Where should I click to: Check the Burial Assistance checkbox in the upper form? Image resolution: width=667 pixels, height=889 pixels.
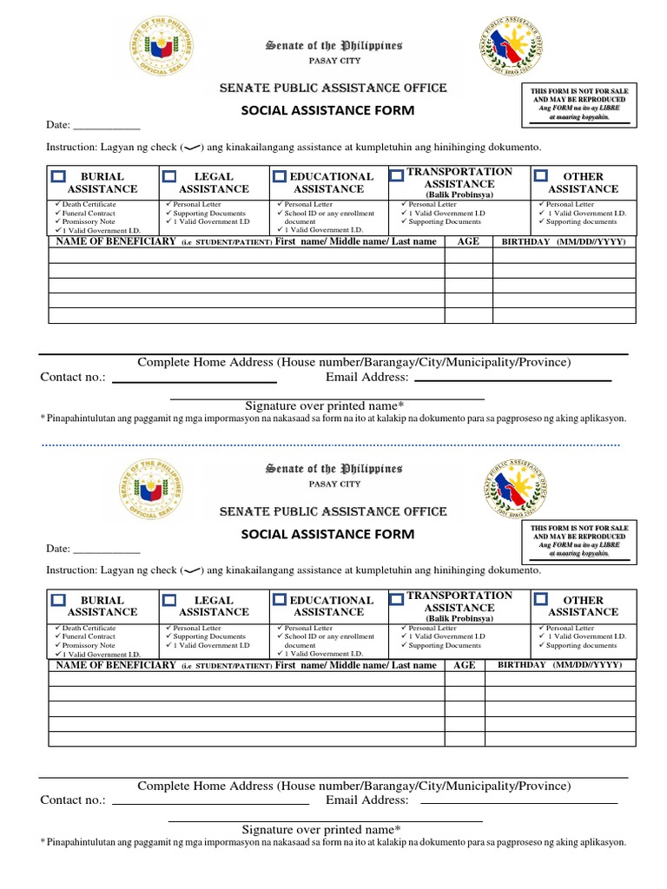point(58,176)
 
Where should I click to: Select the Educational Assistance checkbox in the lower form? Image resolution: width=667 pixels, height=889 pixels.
point(280,600)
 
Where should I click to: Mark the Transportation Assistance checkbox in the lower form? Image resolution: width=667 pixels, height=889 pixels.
point(396,598)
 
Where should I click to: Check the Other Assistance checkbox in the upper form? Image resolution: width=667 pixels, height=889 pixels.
point(540,176)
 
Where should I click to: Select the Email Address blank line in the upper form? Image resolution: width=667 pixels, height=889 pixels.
point(512,379)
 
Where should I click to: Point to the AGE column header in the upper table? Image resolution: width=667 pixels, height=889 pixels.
point(468,241)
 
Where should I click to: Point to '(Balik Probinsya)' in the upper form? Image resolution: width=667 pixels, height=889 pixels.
point(459,194)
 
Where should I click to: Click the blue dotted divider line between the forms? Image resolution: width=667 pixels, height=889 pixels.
point(330,445)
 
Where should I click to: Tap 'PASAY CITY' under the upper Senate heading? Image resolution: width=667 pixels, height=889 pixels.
point(333,60)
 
